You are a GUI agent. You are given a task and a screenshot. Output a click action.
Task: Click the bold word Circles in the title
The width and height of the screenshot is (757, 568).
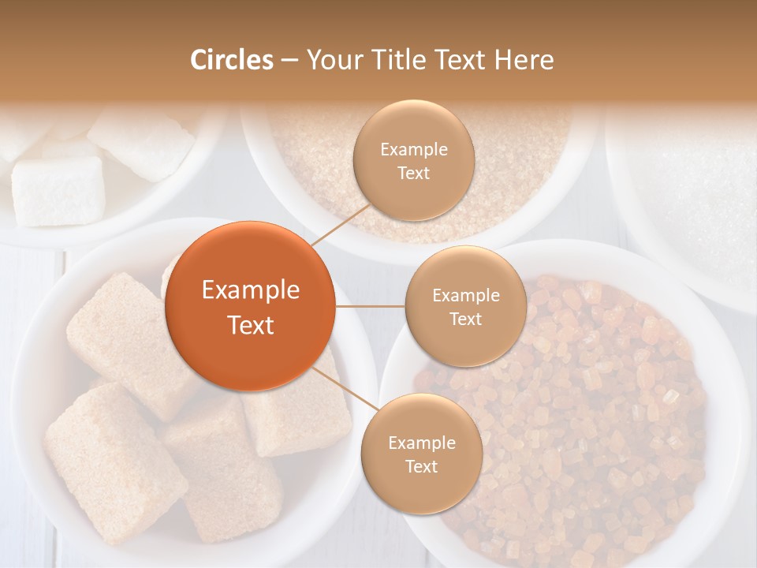point(231,60)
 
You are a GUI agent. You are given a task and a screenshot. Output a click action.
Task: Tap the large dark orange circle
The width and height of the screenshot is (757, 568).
point(251,306)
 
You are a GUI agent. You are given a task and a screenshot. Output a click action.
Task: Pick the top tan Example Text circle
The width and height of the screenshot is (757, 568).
point(413,160)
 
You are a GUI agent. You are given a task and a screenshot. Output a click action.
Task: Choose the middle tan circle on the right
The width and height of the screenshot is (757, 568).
point(465,306)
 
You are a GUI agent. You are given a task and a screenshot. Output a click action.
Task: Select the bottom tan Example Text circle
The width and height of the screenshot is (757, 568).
point(421,454)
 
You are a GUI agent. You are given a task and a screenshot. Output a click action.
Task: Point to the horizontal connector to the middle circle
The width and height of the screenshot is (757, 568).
point(370,306)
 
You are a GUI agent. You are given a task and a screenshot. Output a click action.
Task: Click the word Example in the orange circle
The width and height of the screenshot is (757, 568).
point(251,290)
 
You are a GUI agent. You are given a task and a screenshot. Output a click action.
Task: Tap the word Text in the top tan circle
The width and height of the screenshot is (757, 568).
point(413,173)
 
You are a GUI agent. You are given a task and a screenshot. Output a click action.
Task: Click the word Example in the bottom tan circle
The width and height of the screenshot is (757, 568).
point(421,443)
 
